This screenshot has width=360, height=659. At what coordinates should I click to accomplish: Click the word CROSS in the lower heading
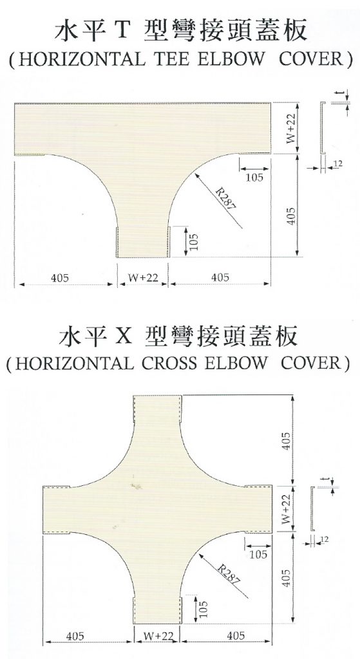pos(169,363)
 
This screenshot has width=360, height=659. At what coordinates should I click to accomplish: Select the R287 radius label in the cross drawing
pos(230,573)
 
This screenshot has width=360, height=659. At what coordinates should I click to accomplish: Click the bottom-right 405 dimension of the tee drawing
pos(220,277)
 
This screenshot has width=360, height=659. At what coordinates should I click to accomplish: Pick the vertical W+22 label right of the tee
pos(292,128)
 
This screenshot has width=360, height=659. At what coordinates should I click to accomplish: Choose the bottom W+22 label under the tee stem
pos(142,277)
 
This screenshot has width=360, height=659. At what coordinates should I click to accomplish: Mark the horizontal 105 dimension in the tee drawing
pos(254,177)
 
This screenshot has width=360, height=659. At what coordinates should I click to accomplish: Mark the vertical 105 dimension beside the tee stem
pos(193,242)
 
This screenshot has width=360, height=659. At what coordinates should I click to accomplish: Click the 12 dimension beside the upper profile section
pos(338,163)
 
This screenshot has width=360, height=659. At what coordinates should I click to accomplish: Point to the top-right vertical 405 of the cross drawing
pos(286,440)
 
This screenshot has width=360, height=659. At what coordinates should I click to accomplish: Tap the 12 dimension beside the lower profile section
pos(325,539)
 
